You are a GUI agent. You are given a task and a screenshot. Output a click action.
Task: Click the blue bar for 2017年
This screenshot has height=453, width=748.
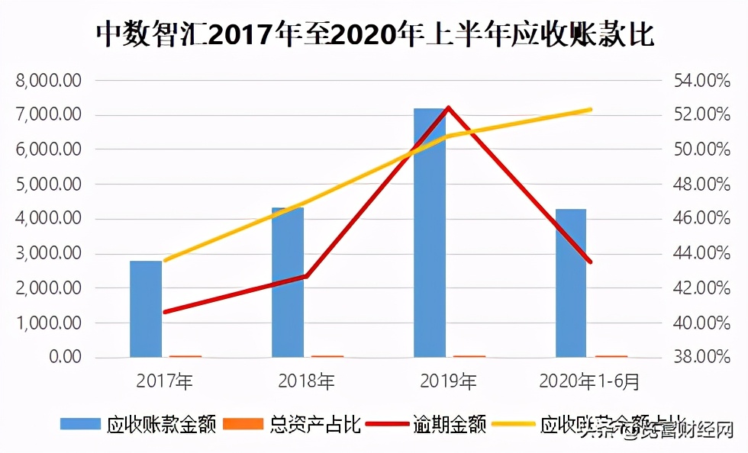point(146,309)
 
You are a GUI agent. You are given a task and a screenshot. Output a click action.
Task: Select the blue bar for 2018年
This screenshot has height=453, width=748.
point(288,282)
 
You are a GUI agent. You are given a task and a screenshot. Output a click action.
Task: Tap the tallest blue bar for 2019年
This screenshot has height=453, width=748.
point(429,233)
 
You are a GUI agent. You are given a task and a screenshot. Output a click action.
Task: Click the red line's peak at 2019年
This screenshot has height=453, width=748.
point(449,108)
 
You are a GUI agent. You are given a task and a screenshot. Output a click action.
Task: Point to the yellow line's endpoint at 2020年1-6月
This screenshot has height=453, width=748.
point(591,110)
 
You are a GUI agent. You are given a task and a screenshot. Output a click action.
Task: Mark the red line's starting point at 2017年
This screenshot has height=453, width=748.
point(165,312)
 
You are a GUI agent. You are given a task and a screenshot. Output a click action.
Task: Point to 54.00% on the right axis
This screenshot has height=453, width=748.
point(701,81)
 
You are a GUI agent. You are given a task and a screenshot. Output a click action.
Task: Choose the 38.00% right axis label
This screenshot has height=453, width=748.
point(701,358)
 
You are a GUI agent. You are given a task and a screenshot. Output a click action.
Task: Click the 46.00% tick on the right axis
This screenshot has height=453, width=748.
point(701,219)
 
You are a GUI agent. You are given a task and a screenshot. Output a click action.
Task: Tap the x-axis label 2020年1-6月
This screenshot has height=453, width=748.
point(589,379)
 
